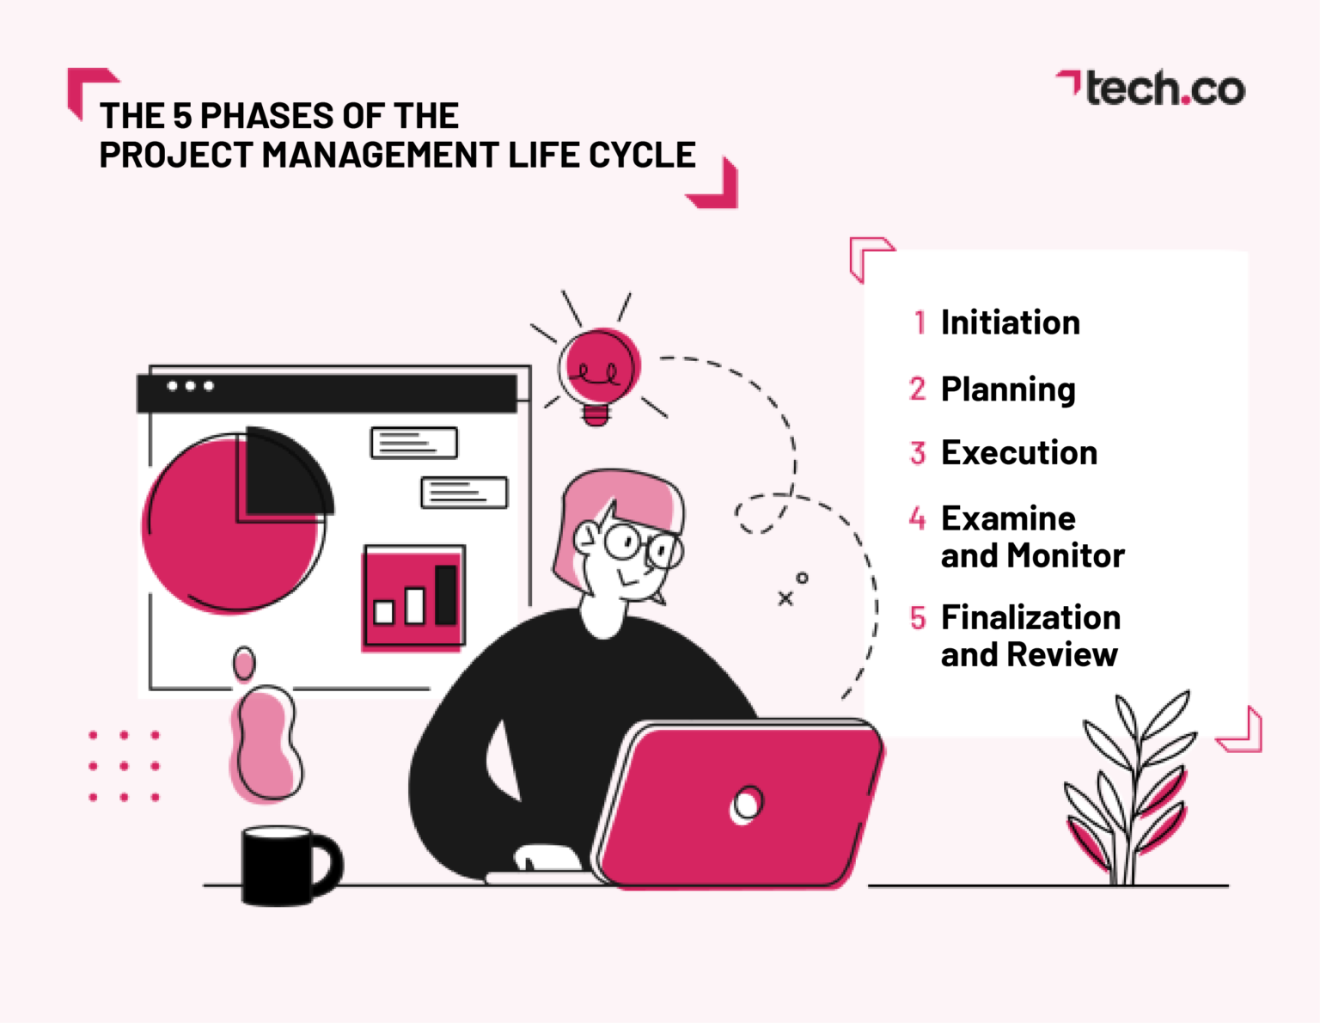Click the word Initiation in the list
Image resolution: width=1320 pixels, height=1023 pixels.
(x=1010, y=322)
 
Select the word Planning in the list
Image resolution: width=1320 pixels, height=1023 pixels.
(x=1007, y=389)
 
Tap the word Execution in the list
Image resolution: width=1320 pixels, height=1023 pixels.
(x=1018, y=453)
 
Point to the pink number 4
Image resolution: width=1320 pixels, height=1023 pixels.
(x=917, y=518)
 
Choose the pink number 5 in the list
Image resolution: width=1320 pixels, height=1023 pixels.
(x=918, y=618)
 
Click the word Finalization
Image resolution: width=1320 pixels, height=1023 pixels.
(x=1030, y=617)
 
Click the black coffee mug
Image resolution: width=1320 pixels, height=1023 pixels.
(x=279, y=865)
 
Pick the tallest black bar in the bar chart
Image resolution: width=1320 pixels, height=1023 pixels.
(x=445, y=594)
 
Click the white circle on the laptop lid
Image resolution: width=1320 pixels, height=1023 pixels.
(x=746, y=805)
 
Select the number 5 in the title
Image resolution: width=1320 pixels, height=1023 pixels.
(x=182, y=116)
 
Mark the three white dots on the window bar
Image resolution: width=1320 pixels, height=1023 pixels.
(x=190, y=386)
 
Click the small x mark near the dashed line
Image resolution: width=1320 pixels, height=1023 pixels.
(x=785, y=598)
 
